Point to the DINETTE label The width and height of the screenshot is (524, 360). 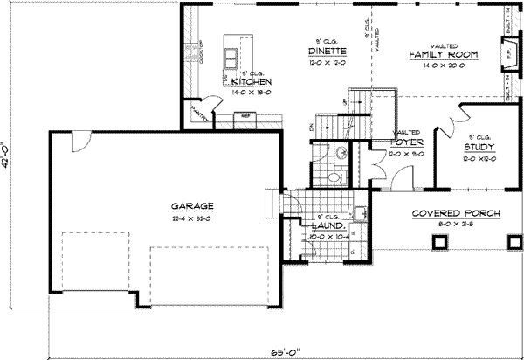pyautogui.click(x=328, y=52)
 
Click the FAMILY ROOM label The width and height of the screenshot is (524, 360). pyautogui.click(x=445, y=54)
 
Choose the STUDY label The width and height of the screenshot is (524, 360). pyautogui.click(x=479, y=148)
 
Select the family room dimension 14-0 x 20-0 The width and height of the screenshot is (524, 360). pyautogui.click(x=445, y=65)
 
